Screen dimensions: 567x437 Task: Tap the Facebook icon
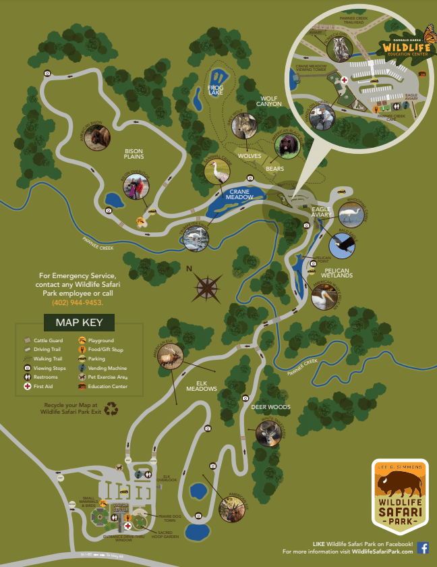[x=423, y=547]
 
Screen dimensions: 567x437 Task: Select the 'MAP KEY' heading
[x=80, y=322]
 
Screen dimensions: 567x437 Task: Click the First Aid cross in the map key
[x=27, y=387]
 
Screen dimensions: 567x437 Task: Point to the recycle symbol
[x=110, y=408]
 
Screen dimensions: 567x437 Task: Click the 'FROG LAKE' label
[x=216, y=90]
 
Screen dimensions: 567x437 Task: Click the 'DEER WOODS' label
[x=270, y=407]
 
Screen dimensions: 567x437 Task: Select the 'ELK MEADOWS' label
[x=202, y=386]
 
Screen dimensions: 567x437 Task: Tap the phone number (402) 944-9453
[x=77, y=302]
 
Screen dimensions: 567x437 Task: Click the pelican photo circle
[x=324, y=295]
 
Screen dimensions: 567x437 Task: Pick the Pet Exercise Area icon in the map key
[x=82, y=377]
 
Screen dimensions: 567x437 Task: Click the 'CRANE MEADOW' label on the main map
[x=238, y=194]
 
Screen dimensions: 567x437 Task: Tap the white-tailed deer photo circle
[x=269, y=433]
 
